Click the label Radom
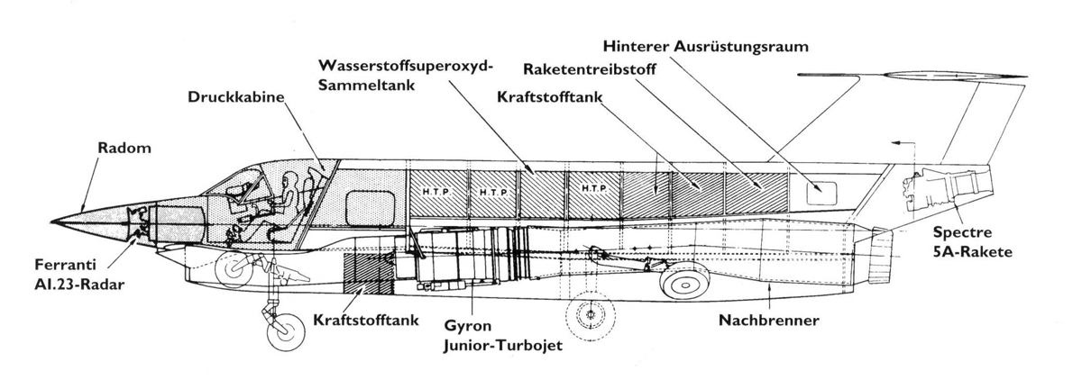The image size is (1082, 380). pyautogui.click(x=124, y=148)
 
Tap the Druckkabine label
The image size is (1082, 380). pyautogui.click(x=235, y=97)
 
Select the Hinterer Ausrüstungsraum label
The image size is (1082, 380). pyautogui.click(x=706, y=46)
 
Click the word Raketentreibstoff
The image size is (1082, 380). pyautogui.click(x=590, y=69)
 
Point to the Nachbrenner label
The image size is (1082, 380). pyautogui.click(x=769, y=321)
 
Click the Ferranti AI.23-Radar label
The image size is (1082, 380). pyautogui.click(x=79, y=275)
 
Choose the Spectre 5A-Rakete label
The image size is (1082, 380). pyautogui.click(x=972, y=242)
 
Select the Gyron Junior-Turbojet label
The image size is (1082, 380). pyautogui.click(x=503, y=336)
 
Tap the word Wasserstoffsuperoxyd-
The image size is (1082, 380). pyautogui.click(x=406, y=66)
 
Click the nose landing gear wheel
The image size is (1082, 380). pyautogui.click(x=286, y=332)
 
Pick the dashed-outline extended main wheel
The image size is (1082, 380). pyautogui.click(x=590, y=315)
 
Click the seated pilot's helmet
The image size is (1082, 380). pyautogui.click(x=289, y=180)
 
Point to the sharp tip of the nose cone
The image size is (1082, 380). pyautogui.click(x=51, y=222)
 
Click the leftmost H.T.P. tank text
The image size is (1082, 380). pyautogui.click(x=436, y=192)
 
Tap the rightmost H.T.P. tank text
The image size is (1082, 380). pyautogui.click(x=594, y=188)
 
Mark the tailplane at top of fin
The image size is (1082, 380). pyautogui.click(x=912, y=76)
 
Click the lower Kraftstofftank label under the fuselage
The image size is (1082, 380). pyautogui.click(x=366, y=321)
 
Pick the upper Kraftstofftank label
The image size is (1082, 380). pyautogui.click(x=550, y=97)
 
